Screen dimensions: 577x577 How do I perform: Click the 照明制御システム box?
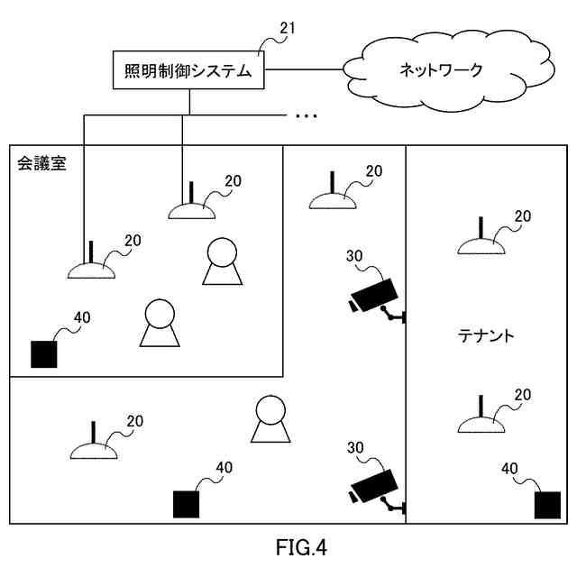(188, 70)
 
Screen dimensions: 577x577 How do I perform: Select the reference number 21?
(287, 28)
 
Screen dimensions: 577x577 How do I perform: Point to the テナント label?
(486, 336)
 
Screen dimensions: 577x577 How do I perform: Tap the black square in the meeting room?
(43, 354)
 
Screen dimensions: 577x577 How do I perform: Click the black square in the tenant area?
(547, 505)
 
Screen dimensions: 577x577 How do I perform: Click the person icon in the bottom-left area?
(271, 420)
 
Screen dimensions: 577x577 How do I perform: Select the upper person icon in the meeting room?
(223, 262)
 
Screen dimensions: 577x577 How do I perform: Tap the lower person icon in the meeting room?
(160, 324)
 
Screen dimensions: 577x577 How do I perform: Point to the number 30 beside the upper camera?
(354, 256)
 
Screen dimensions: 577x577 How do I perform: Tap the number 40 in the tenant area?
(509, 469)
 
